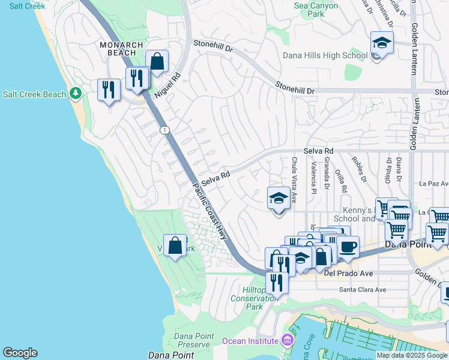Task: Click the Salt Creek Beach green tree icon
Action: [75, 94]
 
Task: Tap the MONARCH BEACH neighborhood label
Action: [122, 49]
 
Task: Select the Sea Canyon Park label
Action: [318, 9]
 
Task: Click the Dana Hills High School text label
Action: [325, 56]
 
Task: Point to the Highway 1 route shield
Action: [164, 130]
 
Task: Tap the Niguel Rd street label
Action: [167, 85]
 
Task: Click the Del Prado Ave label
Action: [349, 274]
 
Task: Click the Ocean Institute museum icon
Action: [287, 341]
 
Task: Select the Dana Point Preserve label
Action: [192, 340]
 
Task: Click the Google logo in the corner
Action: [20, 353]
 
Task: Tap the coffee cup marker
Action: [348, 246]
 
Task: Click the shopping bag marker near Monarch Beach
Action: [157, 61]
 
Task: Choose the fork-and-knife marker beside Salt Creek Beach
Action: [109, 89]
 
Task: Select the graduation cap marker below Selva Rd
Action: [279, 198]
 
